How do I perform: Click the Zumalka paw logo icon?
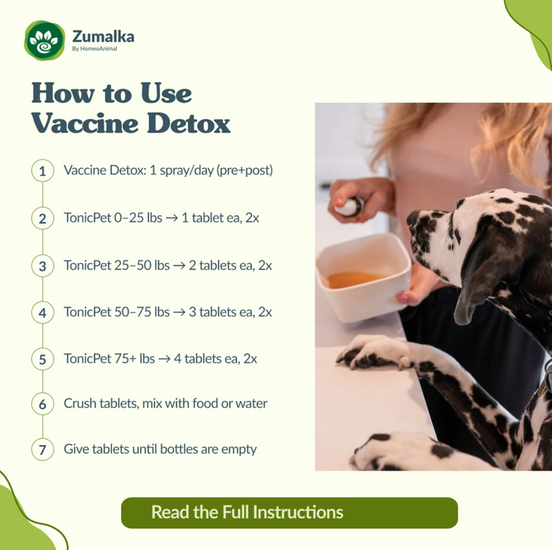44,41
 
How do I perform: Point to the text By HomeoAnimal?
94,50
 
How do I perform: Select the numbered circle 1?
43,170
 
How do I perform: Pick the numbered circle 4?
43,313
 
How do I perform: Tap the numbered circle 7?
43,450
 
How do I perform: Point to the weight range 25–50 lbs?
138,266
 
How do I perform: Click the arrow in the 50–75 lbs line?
181,313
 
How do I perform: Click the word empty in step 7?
238,450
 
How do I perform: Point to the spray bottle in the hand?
351,206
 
